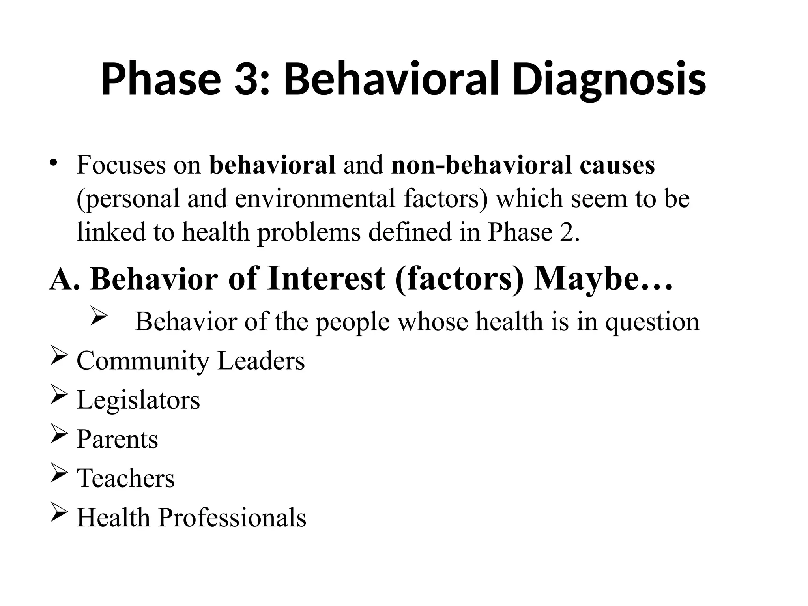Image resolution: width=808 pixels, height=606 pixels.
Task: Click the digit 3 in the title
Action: (245, 80)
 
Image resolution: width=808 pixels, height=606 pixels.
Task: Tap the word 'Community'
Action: (143, 361)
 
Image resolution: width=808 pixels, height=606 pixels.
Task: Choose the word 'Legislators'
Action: (138, 400)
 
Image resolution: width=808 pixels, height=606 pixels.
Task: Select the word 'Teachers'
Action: (125, 478)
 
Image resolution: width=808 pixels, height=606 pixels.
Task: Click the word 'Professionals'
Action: (232, 517)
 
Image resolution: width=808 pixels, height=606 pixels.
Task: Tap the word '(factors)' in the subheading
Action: (459, 279)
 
